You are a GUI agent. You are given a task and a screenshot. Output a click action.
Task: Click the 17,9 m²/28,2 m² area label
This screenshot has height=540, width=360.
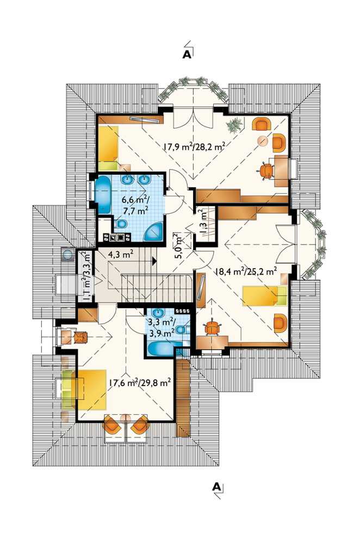click(x=194, y=147)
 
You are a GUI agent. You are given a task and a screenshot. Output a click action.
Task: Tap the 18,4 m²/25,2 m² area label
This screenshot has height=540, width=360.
click(x=246, y=271)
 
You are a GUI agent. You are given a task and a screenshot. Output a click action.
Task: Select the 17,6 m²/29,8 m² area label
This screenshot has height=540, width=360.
click(x=140, y=382)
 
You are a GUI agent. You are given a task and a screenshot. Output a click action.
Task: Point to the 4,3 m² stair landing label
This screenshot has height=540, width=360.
click(x=121, y=255)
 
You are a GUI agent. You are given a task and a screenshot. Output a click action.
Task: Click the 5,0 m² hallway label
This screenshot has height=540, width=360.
click(x=177, y=245)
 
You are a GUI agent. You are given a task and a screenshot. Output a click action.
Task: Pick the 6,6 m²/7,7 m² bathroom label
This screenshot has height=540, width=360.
click(x=135, y=204)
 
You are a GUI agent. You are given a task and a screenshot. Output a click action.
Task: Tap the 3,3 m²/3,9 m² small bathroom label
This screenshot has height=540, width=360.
click(x=161, y=327)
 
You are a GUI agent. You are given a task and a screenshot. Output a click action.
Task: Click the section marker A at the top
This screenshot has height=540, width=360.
click(x=187, y=54)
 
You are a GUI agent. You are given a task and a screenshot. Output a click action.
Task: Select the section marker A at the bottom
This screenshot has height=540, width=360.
click(x=216, y=486)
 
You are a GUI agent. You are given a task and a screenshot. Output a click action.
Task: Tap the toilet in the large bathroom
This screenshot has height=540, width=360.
click(x=121, y=224)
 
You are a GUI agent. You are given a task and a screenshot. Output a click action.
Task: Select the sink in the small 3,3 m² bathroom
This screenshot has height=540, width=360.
click(x=158, y=313)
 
